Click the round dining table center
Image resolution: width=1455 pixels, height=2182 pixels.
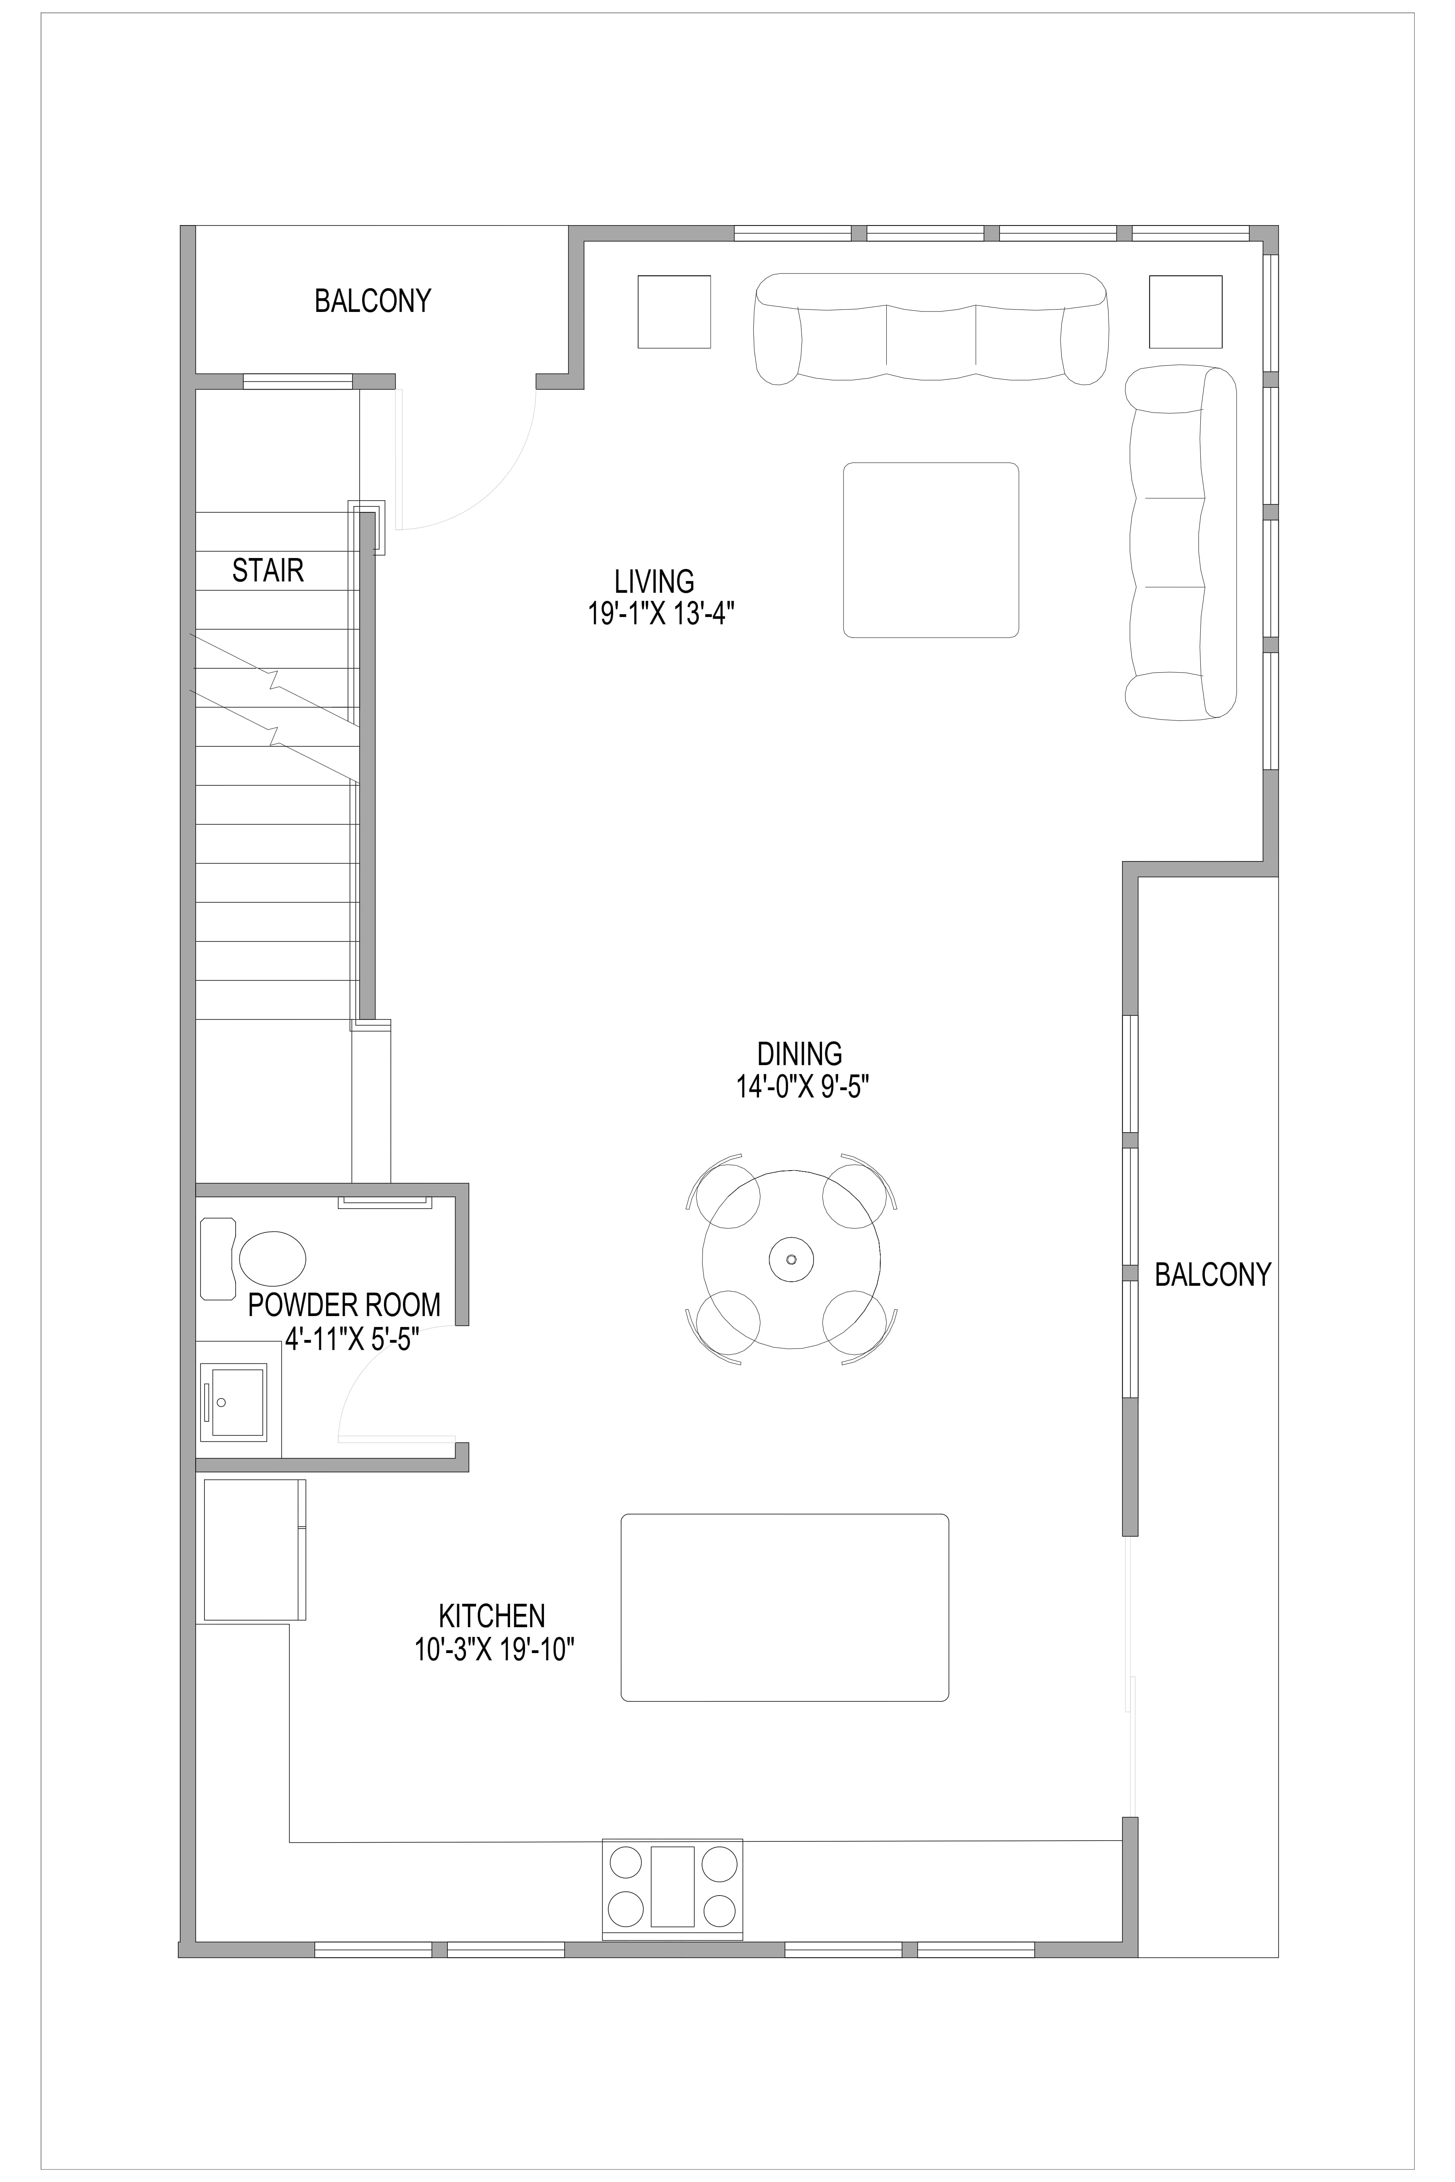pyautogui.click(x=791, y=1259)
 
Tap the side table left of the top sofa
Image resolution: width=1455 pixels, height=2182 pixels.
pyautogui.click(x=674, y=312)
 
